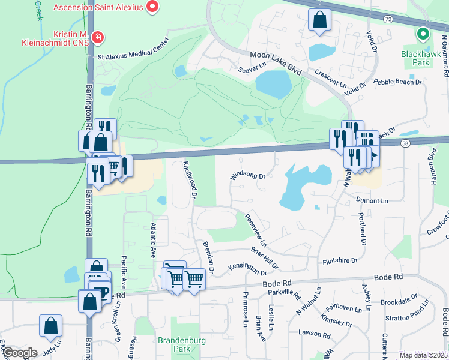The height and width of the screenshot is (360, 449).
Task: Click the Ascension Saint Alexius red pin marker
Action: [x=152, y=8]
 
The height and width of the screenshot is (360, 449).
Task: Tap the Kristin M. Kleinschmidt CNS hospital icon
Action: [x=97, y=40]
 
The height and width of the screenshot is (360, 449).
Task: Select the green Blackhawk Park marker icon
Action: [x=424, y=34]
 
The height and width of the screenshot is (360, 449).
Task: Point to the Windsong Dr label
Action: [x=247, y=176]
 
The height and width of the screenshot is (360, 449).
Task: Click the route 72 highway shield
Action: [x=388, y=19]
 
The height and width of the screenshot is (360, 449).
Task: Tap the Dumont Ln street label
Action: [x=372, y=200]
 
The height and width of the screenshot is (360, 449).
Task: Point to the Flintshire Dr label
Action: [x=340, y=260]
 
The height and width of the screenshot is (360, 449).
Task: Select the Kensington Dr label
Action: [x=247, y=268]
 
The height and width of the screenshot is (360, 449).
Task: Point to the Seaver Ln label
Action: [x=252, y=70]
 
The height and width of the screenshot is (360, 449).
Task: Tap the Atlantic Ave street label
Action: [x=153, y=239]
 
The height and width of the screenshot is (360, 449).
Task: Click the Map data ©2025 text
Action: [x=423, y=355]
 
